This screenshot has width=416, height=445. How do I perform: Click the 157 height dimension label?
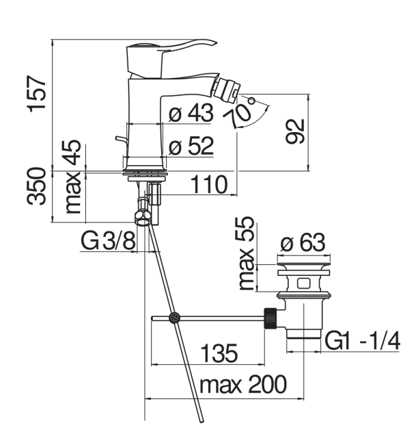coord(37,94)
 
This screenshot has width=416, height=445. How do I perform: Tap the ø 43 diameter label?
coord(191,113)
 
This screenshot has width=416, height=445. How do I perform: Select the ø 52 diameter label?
coord(191,146)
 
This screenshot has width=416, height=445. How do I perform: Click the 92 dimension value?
coord(295,131)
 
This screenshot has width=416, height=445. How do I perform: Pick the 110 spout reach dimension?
coord(209,184)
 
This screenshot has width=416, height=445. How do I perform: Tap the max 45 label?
coord(73,177)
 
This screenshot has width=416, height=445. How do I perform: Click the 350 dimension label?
coord(36,186)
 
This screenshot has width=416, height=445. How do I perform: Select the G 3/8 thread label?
coord(108,240)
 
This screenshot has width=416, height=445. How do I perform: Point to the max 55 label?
coord(246,253)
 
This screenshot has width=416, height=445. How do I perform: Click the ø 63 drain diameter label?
coord(303,242)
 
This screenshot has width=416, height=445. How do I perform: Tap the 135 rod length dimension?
coord(219,353)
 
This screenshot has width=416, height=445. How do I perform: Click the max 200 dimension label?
coord(243,385)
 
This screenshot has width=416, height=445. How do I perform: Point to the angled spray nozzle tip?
coord(227,90)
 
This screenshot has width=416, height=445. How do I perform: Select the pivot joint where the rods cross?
coord(174,318)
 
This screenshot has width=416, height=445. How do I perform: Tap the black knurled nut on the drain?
coord(271,318)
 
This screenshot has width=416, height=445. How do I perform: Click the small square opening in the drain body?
coord(303,283)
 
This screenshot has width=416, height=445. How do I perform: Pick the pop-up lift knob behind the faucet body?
coord(122,140)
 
